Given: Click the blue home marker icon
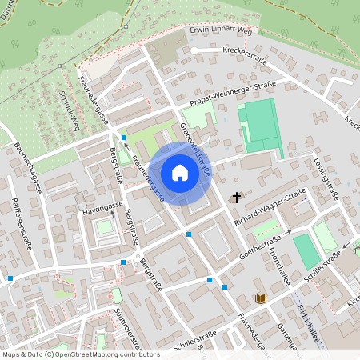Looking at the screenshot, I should (x=180, y=172).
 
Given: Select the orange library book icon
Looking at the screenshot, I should (x=260, y=298).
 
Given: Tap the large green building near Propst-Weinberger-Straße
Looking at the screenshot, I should (x=259, y=126).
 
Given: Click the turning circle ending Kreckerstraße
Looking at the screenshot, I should (x=194, y=50).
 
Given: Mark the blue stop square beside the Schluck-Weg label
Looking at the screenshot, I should (x=124, y=138).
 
